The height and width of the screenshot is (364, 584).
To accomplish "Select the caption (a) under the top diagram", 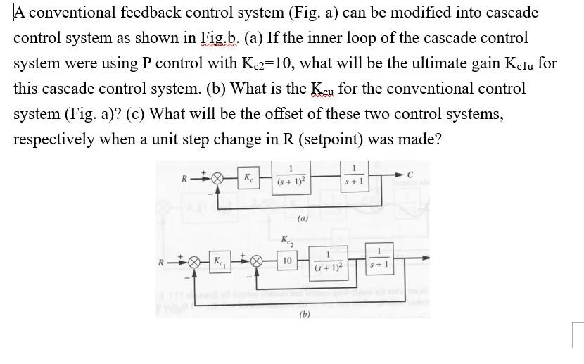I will pyautogui.click(x=301, y=219).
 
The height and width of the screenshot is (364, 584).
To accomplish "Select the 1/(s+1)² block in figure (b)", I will pyautogui.click(x=328, y=263).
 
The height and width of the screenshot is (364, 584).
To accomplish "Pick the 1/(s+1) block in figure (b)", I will pyautogui.click(x=379, y=263).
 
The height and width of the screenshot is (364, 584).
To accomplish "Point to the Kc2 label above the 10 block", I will pyautogui.click(x=286, y=241).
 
